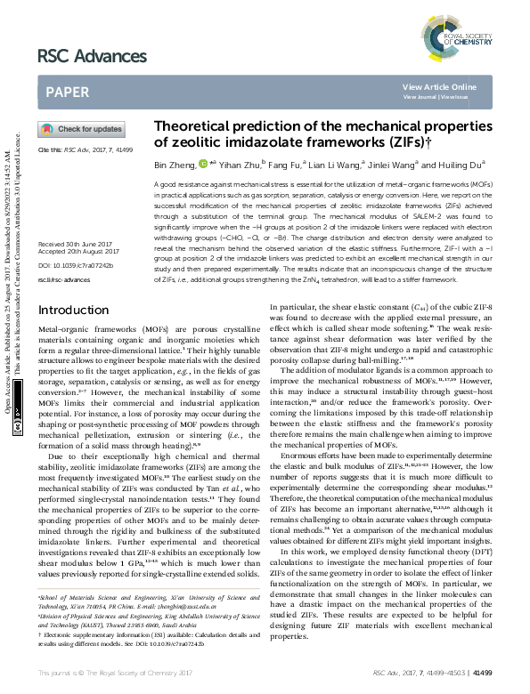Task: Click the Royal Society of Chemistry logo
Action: (x=461, y=36)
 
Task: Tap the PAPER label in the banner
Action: (x=68, y=92)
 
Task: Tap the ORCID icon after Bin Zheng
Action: (x=204, y=164)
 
